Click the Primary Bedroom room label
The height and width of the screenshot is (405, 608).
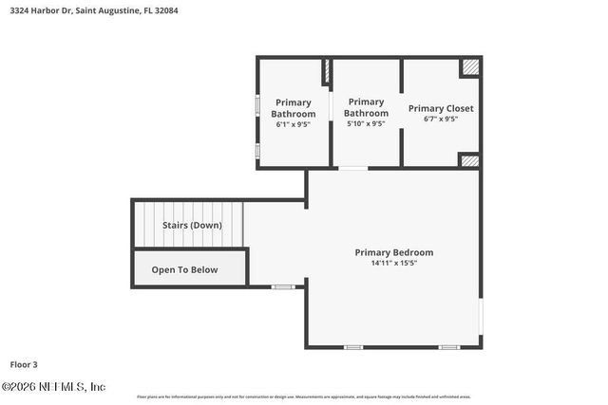[x=393, y=252]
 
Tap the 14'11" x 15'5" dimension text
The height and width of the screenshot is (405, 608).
[x=393, y=263]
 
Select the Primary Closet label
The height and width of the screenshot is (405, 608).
[x=441, y=108]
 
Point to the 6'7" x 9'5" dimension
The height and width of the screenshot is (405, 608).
[x=441, y=120]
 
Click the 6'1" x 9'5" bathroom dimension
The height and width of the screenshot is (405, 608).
[x=293, y=124]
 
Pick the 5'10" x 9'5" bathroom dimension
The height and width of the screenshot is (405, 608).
[x=366, y=123]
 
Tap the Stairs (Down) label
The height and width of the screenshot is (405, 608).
[x=192, y=225]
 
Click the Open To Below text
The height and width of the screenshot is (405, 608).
[x=184, y=269]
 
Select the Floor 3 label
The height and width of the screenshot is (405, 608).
[x=24, y=363]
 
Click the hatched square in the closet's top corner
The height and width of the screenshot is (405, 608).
[x=470, y=68]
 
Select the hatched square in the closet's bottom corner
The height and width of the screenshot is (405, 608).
[x=469, y=160]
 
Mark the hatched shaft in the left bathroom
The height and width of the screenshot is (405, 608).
[x=326, y=71]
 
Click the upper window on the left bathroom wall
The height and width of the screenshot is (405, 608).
[x=257, y=104]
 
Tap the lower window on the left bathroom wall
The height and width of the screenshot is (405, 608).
[x=257, y=150]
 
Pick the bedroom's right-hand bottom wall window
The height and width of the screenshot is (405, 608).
[x=449, y=347]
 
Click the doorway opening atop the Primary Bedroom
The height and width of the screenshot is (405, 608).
[x=353, y=169]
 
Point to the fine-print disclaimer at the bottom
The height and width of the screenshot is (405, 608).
[x=304, y=396]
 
